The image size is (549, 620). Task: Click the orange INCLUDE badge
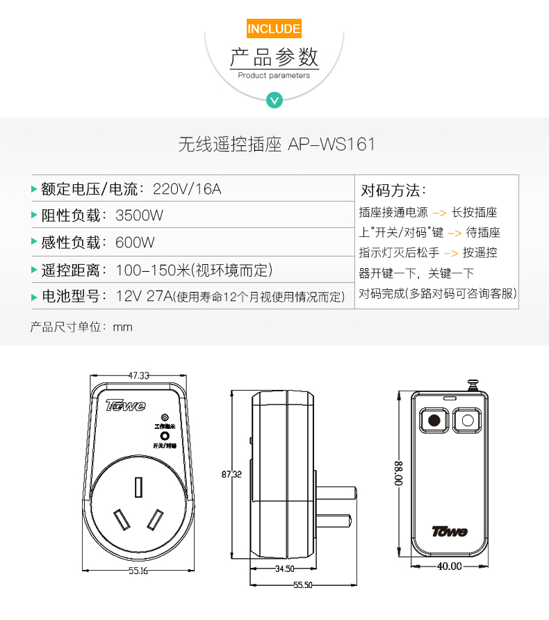pyautogui.click(x=274, y=28)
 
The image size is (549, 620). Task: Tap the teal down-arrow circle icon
pyautogui.click(x=274, y=100)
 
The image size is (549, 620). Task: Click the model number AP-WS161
pyautogui.click(x=331, y=144)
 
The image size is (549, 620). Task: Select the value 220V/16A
pyautogui.click(x=187, y=189)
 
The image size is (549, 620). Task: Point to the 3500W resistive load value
pyautogui.click(x=139, y=215)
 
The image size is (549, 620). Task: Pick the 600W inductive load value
pyautogui.click(x=135, y=243)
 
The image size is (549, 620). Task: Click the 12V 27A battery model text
pyautogui.click(x=145, y=296)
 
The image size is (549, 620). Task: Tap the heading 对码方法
pyautogui.click(x=393, y=190)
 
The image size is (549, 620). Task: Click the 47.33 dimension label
pyautogui.click(x=139, y=375)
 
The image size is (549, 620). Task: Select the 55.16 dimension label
pyautogui.click(x=138, y=571)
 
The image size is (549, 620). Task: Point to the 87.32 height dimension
pyautogui.click(x=231, y=474)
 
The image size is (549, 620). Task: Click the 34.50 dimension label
pyautogui.click(x=285, y=569)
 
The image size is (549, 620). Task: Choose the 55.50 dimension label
pyautogui.click(x=303, y=585)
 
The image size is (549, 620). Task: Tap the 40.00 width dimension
pyautogui.click(x=450, y=566)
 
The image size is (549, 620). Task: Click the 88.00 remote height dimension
pyautogui.click(x=399, y=473)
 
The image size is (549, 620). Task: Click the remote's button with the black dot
pyautogui.click(x=434, y=420)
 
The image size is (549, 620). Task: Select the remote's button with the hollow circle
pyautogui.click(x=467, y=420)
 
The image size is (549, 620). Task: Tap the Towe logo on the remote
pyautogui.click(x=450, y=531)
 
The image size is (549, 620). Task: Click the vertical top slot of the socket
pyautogui.click(x=138, y=487)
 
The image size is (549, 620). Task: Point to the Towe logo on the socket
pyautogui.click(x=126, y=405)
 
